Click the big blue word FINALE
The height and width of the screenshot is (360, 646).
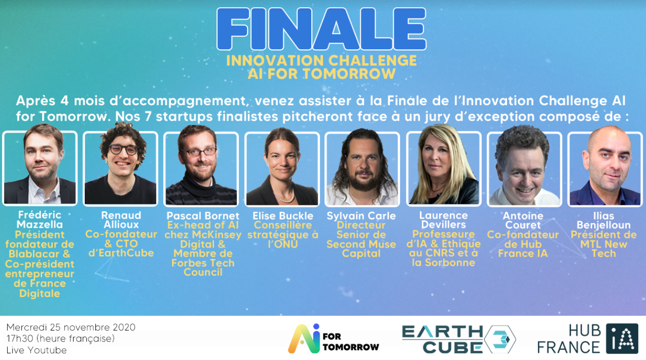[x=322, y=29]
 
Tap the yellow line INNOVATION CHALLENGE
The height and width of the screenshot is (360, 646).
[x=322, y=61]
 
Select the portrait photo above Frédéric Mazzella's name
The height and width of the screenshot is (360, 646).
[x=40, y=168]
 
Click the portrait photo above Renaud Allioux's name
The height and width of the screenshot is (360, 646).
[x=121, y=168]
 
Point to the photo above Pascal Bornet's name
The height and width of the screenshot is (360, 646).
[x=201, y=168]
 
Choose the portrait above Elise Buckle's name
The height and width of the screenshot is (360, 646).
[x=282, y=168]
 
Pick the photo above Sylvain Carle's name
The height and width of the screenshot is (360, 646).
[x=362, y=168]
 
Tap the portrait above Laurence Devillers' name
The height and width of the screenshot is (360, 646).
[x=444, y=168]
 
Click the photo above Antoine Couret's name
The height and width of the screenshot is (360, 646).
[x=524, y=168]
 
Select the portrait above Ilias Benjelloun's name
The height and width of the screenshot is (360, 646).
[x=605, y=168]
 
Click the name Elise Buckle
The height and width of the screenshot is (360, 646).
[x=283, y=216]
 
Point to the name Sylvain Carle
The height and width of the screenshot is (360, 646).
[x=361, y=216]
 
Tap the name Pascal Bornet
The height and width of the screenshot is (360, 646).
[x=203, y=216]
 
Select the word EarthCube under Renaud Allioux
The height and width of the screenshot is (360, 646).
[x=121, y=253]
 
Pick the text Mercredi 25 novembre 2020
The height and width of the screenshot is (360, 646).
[x=71, y=327]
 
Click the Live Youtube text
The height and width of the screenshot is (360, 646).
[x=37, y=350]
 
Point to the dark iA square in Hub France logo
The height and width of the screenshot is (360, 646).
[x=622, y=338]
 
